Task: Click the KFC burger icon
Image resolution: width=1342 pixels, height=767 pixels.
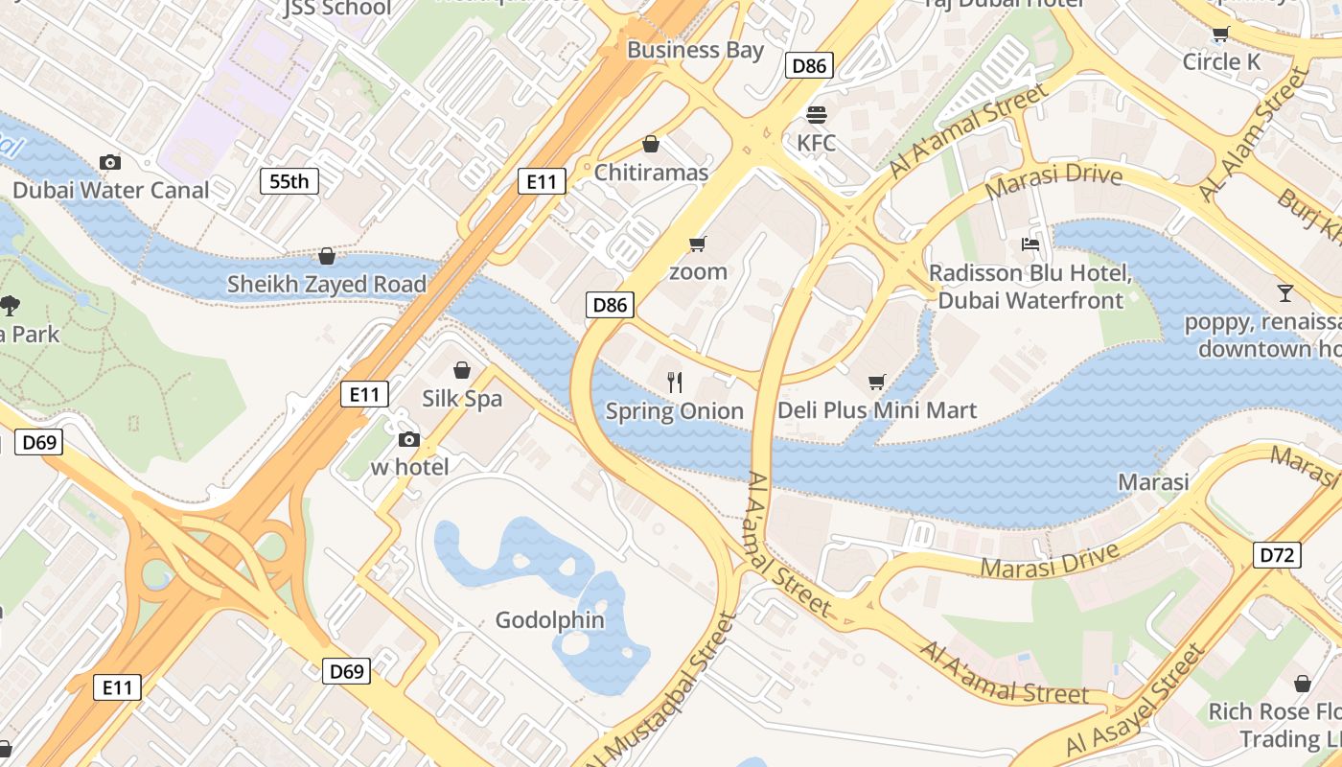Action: tap(817, 115)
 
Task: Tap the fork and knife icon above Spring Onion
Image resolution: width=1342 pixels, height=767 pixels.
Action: tap(675, 383)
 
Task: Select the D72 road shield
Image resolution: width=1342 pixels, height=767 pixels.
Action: tap(1277, 554)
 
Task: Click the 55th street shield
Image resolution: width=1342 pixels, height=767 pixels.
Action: tap(289, 180)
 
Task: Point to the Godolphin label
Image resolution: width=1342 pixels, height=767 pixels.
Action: tap(549, 620)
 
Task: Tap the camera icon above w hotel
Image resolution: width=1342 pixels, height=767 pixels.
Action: tap(409, 439)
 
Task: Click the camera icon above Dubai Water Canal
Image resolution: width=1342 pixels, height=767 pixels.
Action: tap(110, 162)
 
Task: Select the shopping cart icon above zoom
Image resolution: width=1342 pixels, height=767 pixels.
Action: tap(698, 244)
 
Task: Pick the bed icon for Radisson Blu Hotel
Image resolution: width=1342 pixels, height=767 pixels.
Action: tap(1030, 244)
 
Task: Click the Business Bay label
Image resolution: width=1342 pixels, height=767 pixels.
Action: tap(695, 50)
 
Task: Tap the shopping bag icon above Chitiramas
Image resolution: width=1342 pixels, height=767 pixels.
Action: tap(651, 144)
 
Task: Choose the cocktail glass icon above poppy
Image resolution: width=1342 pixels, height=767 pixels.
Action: tap(1285, 291)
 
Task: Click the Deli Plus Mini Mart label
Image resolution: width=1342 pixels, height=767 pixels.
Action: tap(877, 410)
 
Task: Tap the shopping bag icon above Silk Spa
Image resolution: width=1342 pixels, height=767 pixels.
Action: tap(462, 369)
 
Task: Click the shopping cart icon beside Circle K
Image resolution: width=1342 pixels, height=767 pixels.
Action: tap(1220, 35)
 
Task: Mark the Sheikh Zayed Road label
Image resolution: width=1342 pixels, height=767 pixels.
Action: tap(326, 285)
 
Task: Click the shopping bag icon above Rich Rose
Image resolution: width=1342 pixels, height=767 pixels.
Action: tap(1302, 684)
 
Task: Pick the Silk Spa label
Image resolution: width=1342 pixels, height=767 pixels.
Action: tap(462, 398)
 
